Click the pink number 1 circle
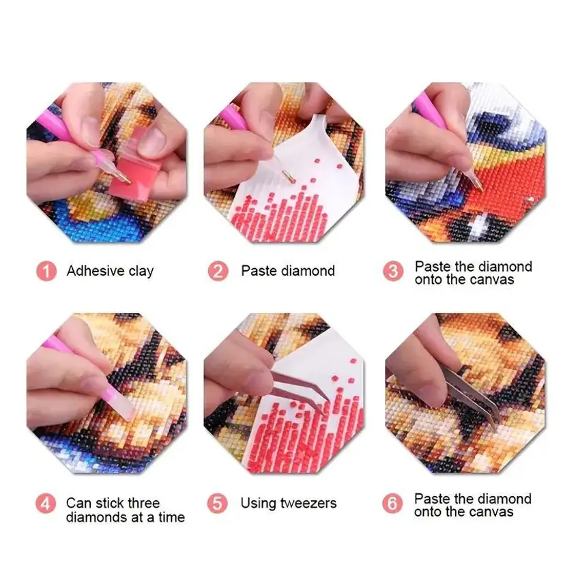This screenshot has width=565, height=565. point(46,271)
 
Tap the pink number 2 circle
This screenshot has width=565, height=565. point(218,271)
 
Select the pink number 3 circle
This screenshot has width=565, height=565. point(393,271)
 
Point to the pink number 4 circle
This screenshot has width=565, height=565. point(46,504)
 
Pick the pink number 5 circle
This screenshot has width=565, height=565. point(217,504)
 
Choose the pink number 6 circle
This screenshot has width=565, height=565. point(392,504)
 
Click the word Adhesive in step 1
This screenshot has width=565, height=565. point(96,271)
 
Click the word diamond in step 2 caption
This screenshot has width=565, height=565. point(308,271)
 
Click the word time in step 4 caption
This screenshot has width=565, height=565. point(171,517)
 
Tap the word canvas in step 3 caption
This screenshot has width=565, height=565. point(492,280)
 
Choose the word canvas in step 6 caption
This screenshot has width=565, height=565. point(491,512)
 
